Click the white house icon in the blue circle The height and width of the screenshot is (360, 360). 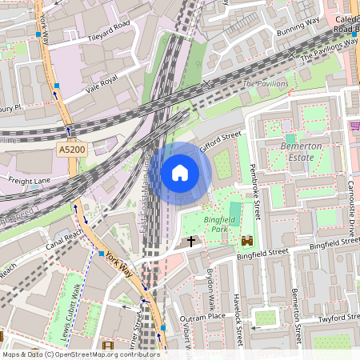click(180, 172)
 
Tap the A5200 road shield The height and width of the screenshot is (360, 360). click(70, 150)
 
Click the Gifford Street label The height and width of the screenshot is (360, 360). click(221, 142)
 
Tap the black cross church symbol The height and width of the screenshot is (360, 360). click(191, 240)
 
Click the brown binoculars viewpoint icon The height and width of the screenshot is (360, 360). click(246, 240)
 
